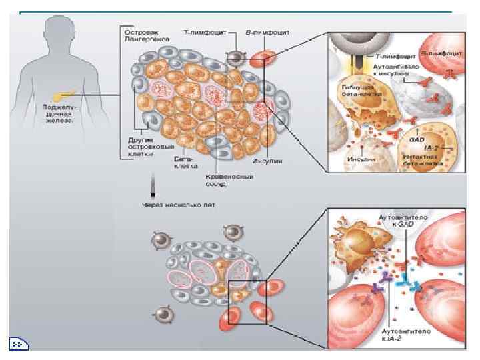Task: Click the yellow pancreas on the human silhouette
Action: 66,88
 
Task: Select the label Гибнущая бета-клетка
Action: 354,91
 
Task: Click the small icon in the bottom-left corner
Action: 18,344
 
